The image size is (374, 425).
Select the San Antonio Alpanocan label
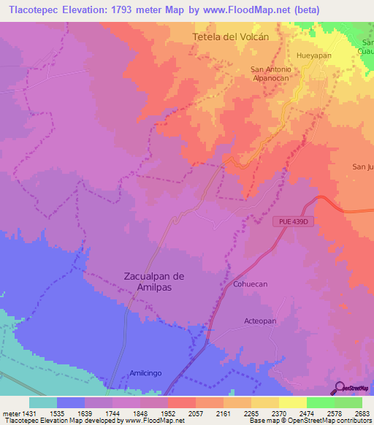[271, 74]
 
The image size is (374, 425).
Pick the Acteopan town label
[260, 321]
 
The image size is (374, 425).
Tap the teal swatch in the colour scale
[43, 402]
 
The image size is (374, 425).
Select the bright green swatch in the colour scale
[320, 402]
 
